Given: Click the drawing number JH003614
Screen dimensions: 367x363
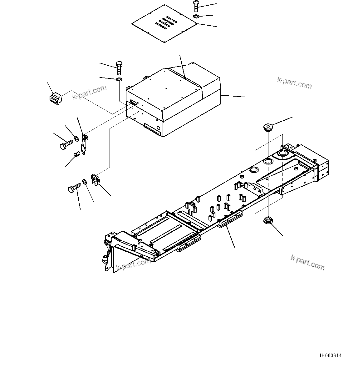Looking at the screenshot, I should point(330,356).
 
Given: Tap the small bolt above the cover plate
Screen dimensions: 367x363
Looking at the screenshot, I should point(196,6).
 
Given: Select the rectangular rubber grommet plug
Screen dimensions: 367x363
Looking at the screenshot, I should point(55,97).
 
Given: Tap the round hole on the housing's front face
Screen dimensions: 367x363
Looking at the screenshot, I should point(158,128).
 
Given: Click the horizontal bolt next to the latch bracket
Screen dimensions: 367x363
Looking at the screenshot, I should point(66,144).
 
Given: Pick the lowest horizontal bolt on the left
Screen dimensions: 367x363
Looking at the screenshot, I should point(74,188).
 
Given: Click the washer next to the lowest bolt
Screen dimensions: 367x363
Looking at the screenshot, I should point(85,182).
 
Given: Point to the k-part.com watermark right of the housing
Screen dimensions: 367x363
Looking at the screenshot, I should point(294,83).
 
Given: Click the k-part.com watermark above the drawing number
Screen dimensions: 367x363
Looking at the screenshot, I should point(307,262).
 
